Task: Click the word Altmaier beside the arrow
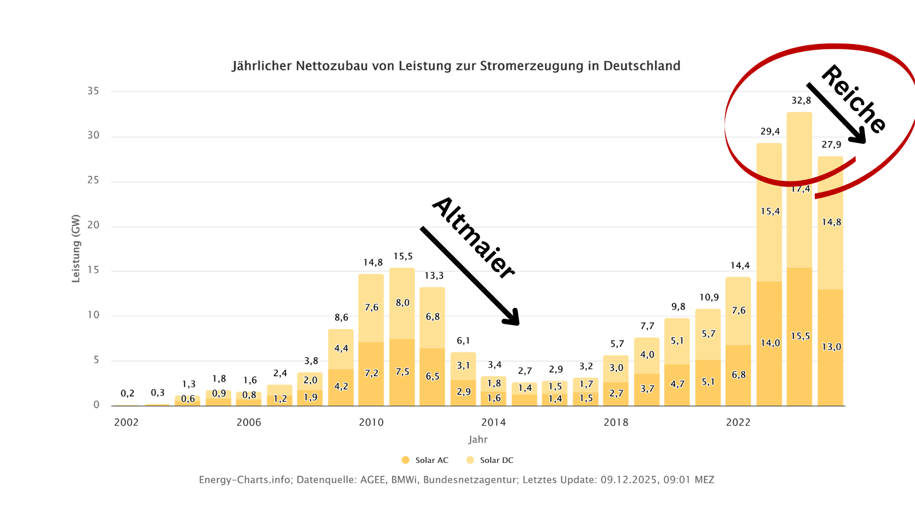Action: pos(474,237)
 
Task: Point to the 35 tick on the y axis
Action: pos(93,91)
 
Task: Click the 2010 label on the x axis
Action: pos(371,422)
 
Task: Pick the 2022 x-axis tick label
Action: pos(738,422)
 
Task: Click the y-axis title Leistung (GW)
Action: pos(75,248)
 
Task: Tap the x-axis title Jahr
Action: pos(478,439)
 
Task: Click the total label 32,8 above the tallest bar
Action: pos(801,101)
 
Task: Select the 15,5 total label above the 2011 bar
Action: pos(403,256)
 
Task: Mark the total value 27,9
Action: pos(832,145)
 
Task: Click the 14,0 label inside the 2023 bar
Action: pos(770,343)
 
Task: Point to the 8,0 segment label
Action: pos(403,303)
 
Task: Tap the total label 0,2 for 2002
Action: pos(128,393)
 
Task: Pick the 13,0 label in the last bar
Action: pos(832,347)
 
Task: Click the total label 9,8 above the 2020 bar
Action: pos(678,307)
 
